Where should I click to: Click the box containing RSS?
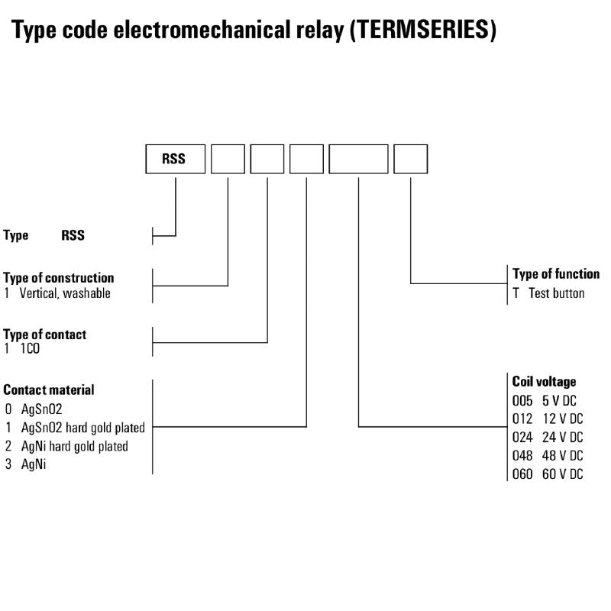pyautogui.click(x=176, y=159)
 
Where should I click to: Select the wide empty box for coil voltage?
pyautogui.click(x=358, y=159)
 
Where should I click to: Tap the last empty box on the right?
pyautogui.click(x=410, y=159)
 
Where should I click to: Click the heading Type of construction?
pyautogui.click(x=59, y=278)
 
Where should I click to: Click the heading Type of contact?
pyautogui.click(x=45, y=335)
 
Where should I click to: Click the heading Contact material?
pyautogui.click(x=49, y=390)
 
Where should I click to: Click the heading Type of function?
pyautogui.click(x=556, y=274)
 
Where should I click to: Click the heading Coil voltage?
pyautogui.click(x=544, y=381)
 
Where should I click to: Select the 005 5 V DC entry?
pyautogui.click(x=547, y=400)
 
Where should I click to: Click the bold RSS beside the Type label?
pyautogui.click(x=73, y=236)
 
